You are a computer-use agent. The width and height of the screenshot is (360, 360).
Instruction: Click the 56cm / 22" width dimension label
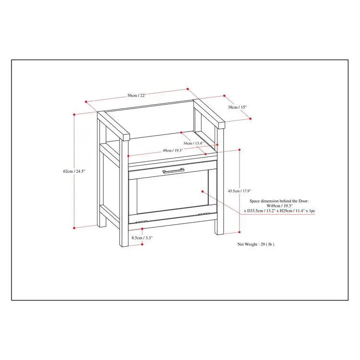pyautogui.click(x=137, y=96)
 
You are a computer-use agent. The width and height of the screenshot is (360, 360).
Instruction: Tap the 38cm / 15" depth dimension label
pyautogui.click(x=237, y=107)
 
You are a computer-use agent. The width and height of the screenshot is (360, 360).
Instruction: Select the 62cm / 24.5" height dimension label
pyautogui.click(x=74, y=171)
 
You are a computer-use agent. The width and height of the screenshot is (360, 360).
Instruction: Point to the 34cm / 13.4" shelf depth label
pyautogui.click(x=193, y=143)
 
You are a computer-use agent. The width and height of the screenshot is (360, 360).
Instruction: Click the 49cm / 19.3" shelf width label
pyautogui.click(x=173, y=151)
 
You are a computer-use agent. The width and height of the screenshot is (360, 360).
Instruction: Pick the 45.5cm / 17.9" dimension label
pyautogui.click(x=240, y=191)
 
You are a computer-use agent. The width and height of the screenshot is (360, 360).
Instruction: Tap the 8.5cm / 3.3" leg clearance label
pyautogui.click(x=142, y=238)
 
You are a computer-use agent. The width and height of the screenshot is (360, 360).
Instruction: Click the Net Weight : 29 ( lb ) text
pyautogui.click(x=256, y=244)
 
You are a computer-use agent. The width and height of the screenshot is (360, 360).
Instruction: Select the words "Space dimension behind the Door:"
pyautogui.click(x=279, y=201)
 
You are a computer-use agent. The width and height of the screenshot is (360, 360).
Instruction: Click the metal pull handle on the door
pyautogui.click(x=173, y=170)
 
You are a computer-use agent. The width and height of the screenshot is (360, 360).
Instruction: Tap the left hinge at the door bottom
pyautogui.click(x=142, y=222)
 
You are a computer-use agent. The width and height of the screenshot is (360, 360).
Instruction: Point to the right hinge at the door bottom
pyautogui.click(x=204, y=214)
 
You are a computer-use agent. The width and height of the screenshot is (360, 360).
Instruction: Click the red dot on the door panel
pyautogui.click(x=203, y=191)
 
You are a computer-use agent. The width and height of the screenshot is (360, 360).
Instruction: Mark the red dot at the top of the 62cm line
pyautogui.click(x=74, y=114)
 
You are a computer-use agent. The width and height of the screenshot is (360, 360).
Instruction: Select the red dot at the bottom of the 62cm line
pyautogui.click(x=74, y=228)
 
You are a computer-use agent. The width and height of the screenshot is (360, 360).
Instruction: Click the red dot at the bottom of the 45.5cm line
pyautogui.click(x=240, y=232)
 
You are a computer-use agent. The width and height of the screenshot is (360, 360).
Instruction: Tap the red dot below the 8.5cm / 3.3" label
pyautogui.click(x=142, y=244)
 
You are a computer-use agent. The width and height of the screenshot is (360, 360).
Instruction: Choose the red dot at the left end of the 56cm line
pyautogui.click(x=86, y=102)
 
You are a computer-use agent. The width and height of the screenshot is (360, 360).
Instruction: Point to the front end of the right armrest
pyautogui.click(x=222, y=125)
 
